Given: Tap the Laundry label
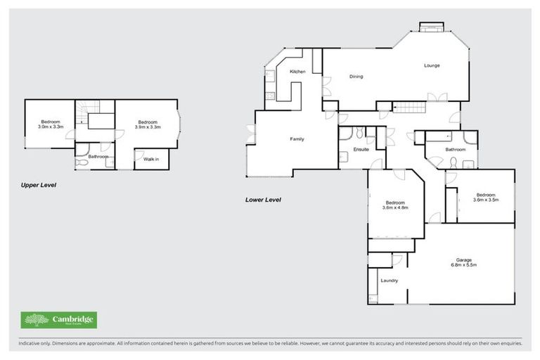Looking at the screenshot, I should (x=389, y=281).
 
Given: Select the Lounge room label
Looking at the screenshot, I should (x=431, y=65).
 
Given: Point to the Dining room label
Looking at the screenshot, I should (x=356, y=76).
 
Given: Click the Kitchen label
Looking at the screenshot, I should (x=297, y=72).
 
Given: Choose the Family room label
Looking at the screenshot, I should (x=297, y=139).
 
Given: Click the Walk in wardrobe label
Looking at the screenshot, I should (x=150, y=160).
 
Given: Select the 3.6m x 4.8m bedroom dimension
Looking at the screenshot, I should (x=394, y=208).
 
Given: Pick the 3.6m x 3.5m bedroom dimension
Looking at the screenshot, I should (x=485, y=200).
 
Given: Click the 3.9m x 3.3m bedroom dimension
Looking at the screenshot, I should (x=147, y=127).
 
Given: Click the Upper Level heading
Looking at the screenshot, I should (x=38, y=185).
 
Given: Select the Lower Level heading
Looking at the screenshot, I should (x=263, y=200).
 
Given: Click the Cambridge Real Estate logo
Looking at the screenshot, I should (x=59, y=321).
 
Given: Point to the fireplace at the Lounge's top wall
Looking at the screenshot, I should (x=430, y=27).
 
